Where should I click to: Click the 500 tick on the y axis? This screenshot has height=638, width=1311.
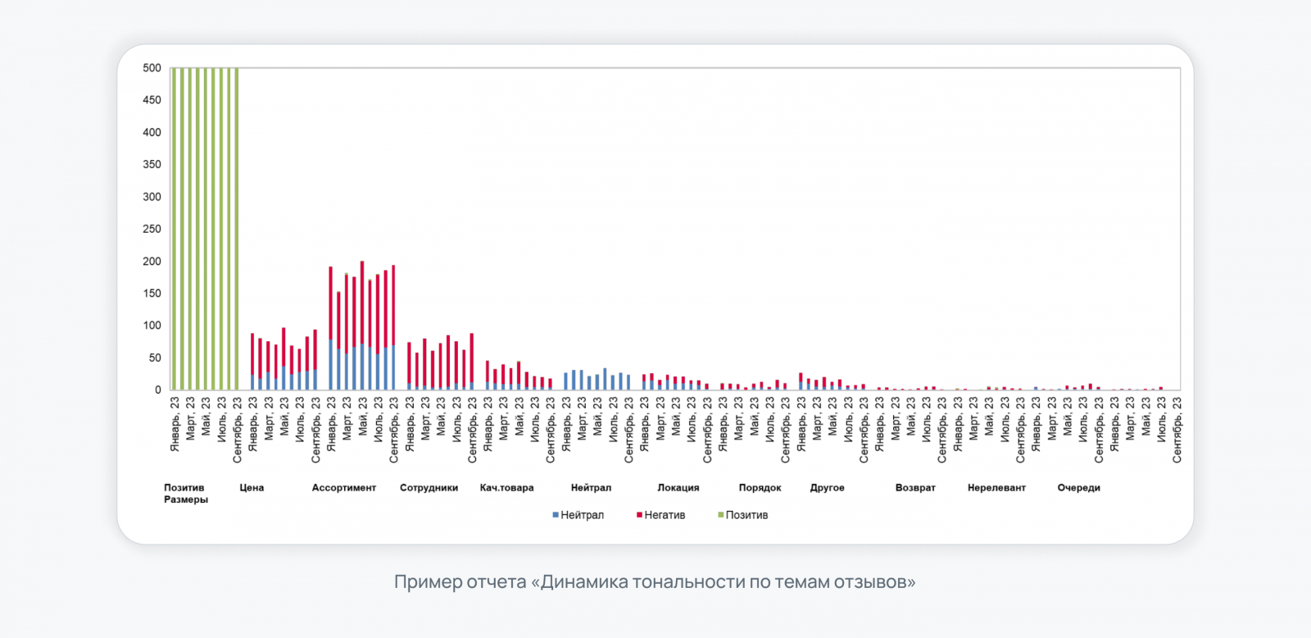(152, 68)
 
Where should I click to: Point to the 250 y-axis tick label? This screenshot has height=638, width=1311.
(152, 229)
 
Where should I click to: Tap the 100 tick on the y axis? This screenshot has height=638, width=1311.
(152, 326)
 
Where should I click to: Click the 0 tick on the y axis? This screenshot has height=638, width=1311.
(158, 390)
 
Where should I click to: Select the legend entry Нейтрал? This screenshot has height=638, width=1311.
(582, 515)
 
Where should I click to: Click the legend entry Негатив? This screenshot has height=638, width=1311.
(665, 515)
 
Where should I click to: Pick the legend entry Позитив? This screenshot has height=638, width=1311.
(746, 515)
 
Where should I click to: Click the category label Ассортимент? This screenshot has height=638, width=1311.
(343, 488)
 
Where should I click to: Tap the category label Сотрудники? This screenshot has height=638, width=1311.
(429, 488)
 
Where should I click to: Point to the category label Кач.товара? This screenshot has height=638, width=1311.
(506, 488)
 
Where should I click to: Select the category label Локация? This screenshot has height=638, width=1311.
(678, 488)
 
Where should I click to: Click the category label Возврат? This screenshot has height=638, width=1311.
(915, 488)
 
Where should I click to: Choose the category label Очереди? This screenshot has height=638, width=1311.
(1078, 488)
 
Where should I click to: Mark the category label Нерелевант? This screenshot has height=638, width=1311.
(996, 488)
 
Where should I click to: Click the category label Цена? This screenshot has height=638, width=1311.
(252, 488)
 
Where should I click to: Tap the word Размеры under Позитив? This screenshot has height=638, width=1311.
(186, 499)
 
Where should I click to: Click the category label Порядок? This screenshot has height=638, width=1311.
(760, 488)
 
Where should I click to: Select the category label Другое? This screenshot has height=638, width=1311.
(827, 488)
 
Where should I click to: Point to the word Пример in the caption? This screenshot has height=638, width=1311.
(427, 582)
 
